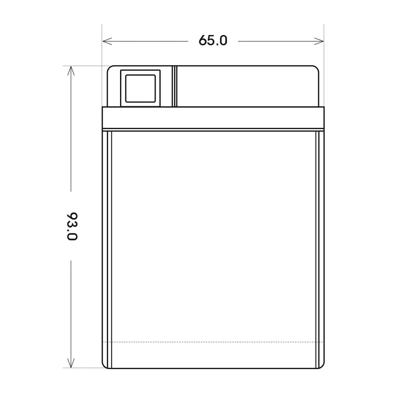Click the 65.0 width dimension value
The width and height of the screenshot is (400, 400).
click(213, 40)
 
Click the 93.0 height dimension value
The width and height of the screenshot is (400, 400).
click(72, 226)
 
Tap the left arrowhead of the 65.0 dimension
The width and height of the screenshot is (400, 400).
click(107, 41)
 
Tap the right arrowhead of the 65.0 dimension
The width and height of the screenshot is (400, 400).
click(319, 41)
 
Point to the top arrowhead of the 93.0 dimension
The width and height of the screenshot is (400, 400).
click(71, 71)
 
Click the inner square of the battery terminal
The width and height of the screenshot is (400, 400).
click(141, 89)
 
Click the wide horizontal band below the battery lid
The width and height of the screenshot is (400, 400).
click(213, 117)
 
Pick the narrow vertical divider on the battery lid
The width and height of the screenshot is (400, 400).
click(175, 86)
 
